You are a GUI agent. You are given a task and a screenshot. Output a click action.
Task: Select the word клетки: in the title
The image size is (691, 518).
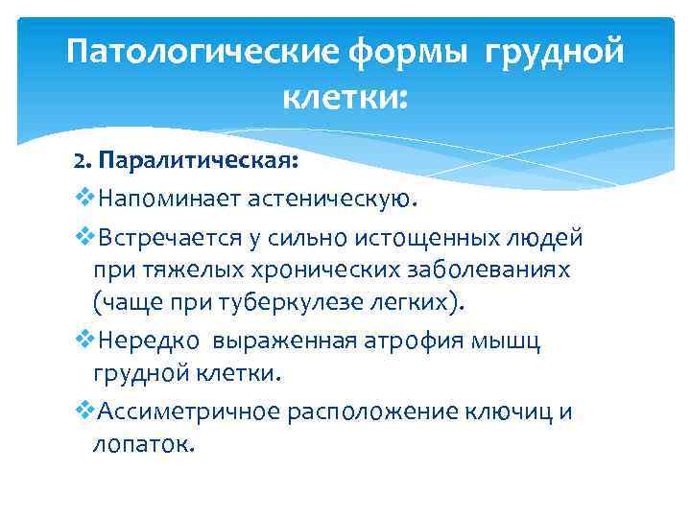345,96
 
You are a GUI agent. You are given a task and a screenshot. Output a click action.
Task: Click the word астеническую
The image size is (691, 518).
334,200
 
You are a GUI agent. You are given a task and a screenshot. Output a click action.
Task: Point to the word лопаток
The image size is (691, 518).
141,445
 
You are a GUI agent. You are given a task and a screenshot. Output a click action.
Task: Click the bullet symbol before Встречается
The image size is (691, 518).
82,236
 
